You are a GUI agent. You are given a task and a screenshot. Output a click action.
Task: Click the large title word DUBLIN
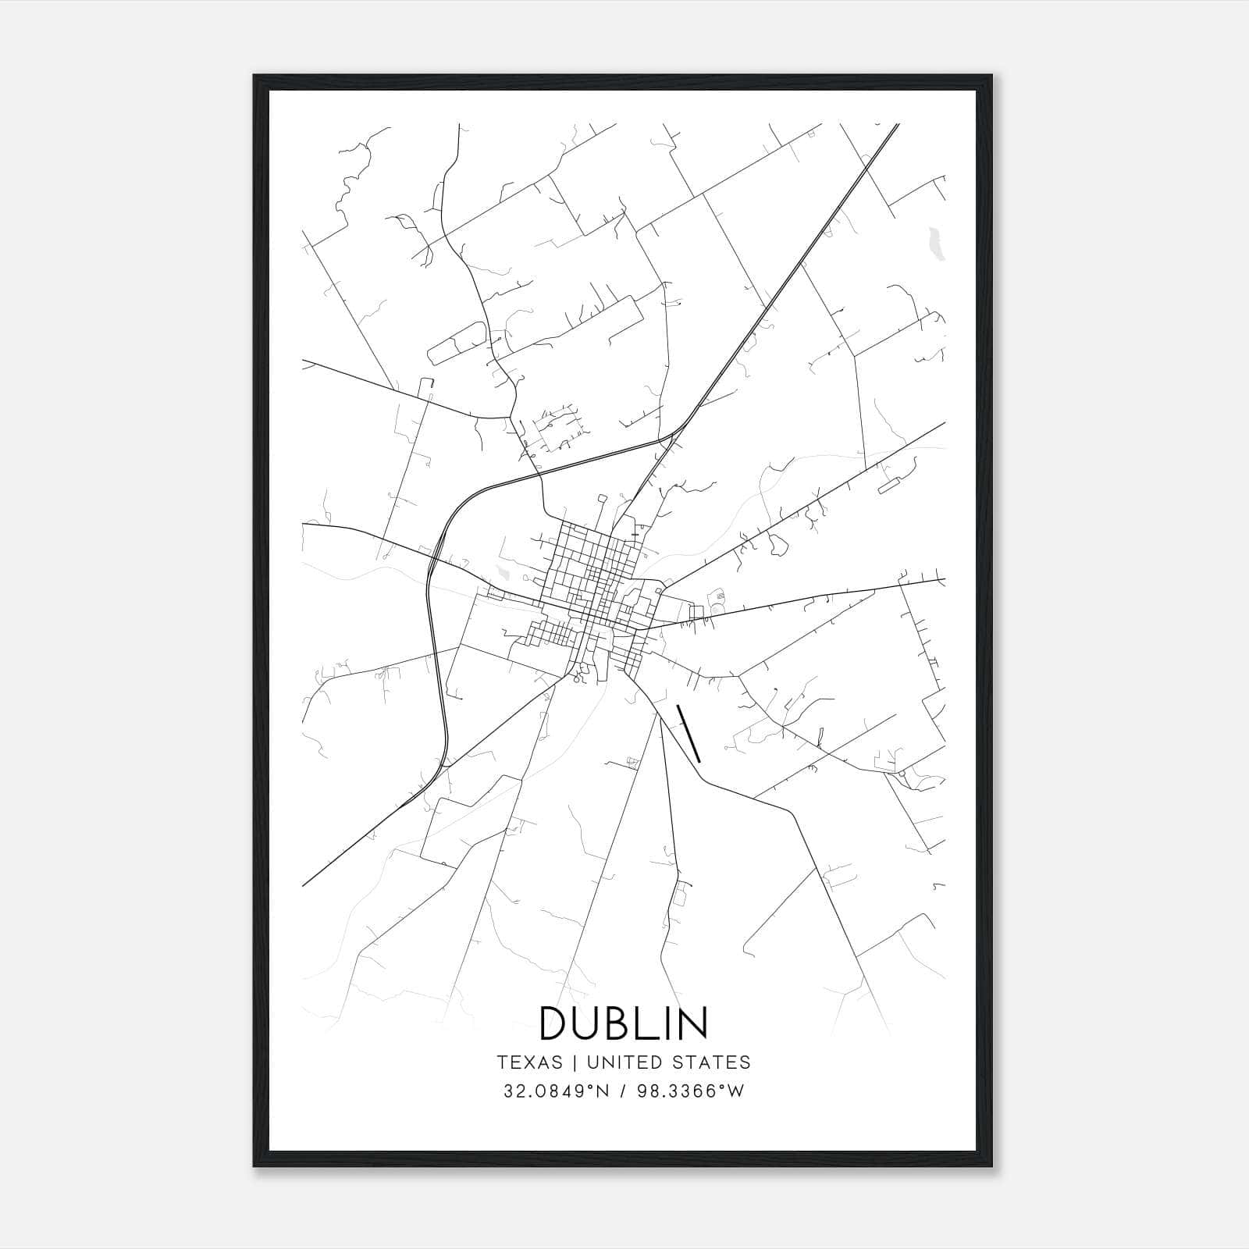point(624,1023)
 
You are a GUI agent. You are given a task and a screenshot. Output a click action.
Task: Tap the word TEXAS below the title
point(529,1062)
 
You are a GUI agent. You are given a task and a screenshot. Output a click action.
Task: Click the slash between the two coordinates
point(622,1091)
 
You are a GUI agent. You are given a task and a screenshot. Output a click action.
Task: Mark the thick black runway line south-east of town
point(689,734)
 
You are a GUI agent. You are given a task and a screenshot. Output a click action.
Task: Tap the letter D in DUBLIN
point(557,1023)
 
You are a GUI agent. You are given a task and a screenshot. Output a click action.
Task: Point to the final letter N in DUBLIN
point(692,1023)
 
